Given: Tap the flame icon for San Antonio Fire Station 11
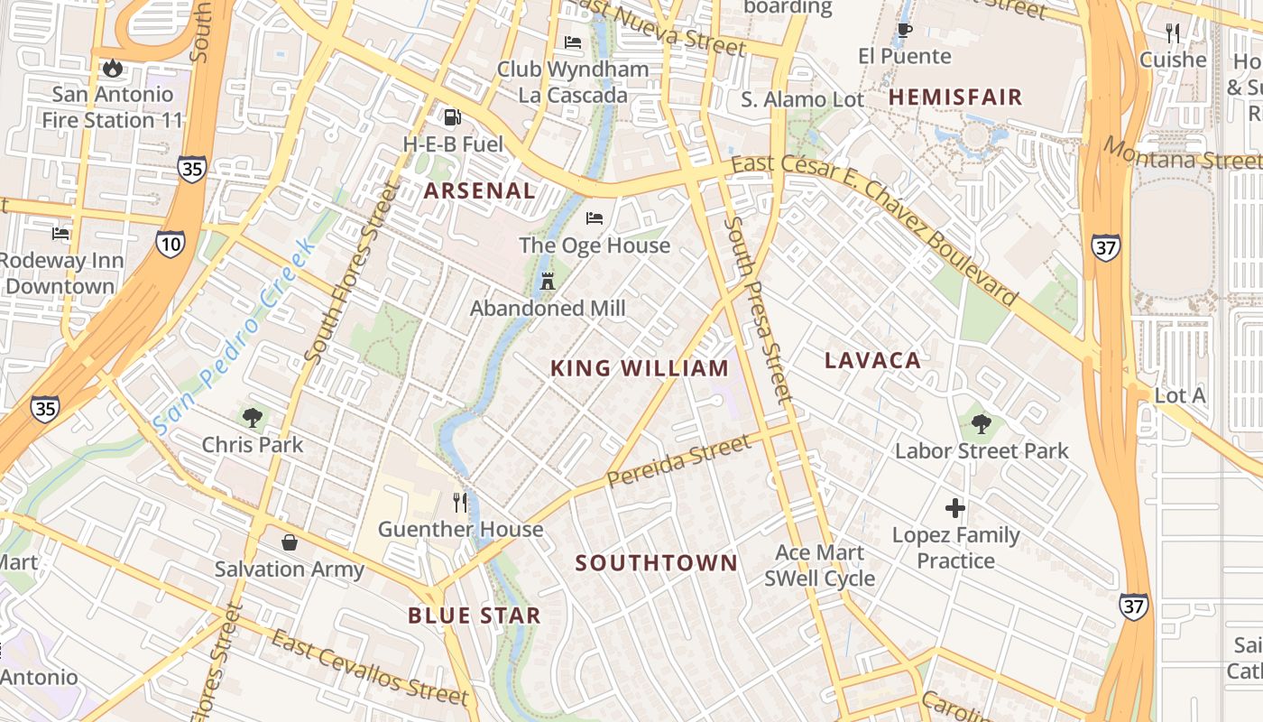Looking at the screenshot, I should tap(112, 68).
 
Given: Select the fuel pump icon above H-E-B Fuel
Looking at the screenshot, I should tap(452, 117).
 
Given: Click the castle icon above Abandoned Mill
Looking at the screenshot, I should tap(547, 281).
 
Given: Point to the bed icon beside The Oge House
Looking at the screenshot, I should tap(594, 218).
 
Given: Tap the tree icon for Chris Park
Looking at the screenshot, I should tap(253, 417).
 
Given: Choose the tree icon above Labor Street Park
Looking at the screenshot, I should tap(982, 423).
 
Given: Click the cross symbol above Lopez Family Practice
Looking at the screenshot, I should tap(955, 508).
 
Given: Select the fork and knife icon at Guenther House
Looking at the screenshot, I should tap(461, 502).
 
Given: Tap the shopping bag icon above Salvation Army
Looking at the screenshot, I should tap(290, 541).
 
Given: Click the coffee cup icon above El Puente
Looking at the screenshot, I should tap(904, 30).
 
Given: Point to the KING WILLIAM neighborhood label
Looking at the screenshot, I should tap(640, 368).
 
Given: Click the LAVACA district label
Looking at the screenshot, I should tap(872, 361).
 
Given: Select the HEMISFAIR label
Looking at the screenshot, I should tap(955, 97).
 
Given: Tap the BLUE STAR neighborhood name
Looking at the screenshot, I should tap(475, 616).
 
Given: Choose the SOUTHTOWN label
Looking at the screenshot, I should tap(657, 563).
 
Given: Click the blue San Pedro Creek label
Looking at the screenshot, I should tap(235, 336).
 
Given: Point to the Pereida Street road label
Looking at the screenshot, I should tap(678, 461).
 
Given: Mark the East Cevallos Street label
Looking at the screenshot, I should tap(371, 669).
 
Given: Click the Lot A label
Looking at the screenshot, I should tap(1180, 396).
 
